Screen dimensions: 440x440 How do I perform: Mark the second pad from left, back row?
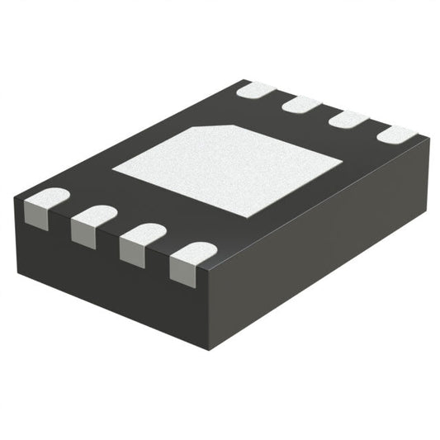(x=301, y=104)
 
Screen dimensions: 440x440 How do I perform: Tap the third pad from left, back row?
(x=348, y=120)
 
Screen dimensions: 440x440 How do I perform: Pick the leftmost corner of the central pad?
(x=113, y=171)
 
